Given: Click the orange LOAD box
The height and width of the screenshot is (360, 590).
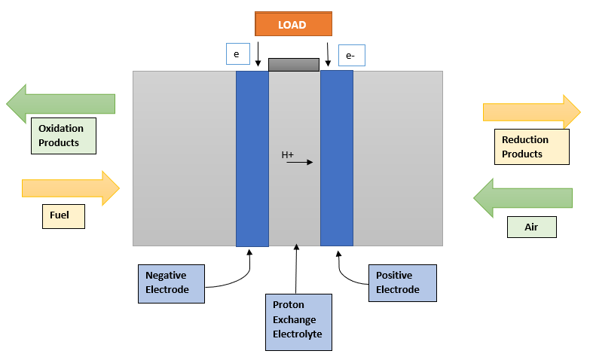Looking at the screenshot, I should coord(292,24).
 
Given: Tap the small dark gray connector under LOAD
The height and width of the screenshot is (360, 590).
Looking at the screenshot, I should coord(294,65).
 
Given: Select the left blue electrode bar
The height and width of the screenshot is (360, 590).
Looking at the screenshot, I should coord(252,158).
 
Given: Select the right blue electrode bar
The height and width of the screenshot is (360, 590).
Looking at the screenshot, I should coord(337,158).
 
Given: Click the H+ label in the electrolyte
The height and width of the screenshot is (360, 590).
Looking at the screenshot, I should coord(288,155).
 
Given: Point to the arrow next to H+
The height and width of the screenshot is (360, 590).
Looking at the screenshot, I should coord(299,162).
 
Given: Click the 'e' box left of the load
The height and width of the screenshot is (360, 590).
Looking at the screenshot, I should coord(237,54).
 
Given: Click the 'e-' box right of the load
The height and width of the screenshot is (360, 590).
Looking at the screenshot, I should coord(351,55).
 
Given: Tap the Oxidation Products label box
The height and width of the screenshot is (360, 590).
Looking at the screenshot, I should coord(63,136).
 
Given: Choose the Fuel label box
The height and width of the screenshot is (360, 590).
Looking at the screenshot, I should coord(63,216).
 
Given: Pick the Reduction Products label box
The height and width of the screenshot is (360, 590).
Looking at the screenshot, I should coord(530,147).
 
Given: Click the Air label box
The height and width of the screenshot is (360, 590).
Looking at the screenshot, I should coord(531,227).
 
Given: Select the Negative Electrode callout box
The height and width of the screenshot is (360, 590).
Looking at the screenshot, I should coord(170,283).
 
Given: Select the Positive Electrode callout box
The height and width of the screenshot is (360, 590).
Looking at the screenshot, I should coord(401,283).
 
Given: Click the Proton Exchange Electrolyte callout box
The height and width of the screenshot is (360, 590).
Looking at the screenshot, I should coord(298,322).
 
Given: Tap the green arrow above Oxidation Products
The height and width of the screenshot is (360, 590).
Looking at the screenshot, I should coord(60,103).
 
